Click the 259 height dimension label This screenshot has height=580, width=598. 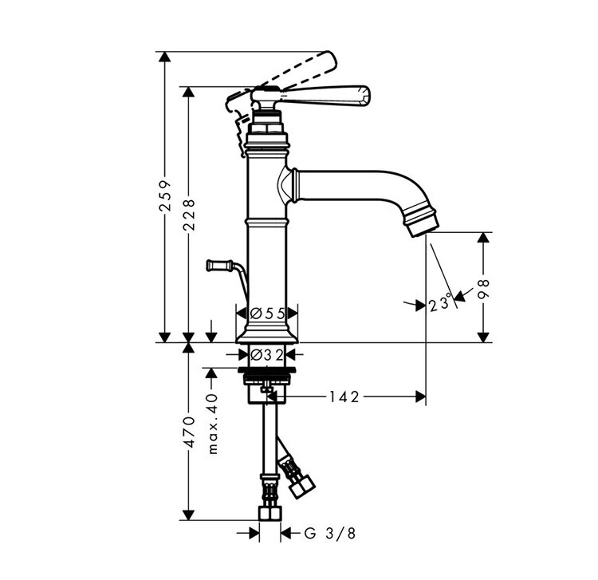(165, 196)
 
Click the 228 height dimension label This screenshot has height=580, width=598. (189, 215)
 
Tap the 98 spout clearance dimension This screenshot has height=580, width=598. (484, 289)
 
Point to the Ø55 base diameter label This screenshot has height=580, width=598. (267, 314)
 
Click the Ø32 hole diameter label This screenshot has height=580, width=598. (267, 355)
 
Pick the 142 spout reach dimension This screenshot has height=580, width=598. (344, 397)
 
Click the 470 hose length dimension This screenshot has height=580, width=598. (189, 432)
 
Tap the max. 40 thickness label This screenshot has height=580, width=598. (213, 424)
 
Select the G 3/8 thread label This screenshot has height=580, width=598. (330, 533)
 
